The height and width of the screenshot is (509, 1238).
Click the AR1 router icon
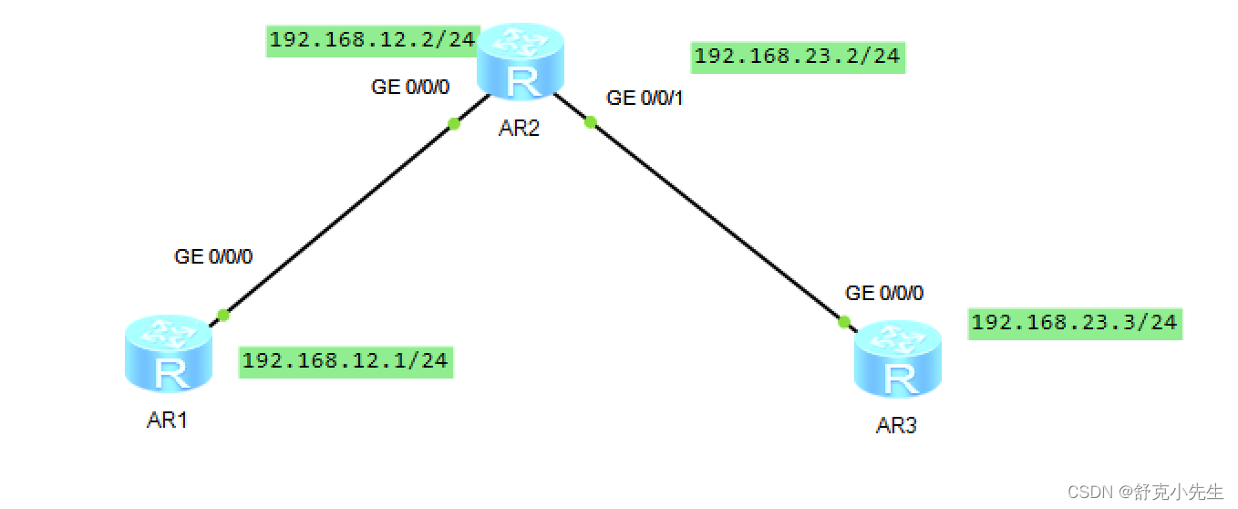pyautogui.click(x=168, y=357)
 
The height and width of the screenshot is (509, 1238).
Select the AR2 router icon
pyautogui.click(x=521, y=62)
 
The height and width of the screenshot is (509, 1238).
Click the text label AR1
pyautogui.click(x=168, y=421)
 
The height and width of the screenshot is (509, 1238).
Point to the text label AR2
pyautogui.click(x=520, y=128)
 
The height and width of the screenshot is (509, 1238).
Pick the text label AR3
pyautogui.click(x=896, y=426)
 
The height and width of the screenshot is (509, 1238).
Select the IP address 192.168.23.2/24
pyautogui.click(x=797, y=57)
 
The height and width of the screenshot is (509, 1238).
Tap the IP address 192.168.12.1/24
pyautogui.click(x=345, y=360)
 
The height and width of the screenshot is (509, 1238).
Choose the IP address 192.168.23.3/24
pyautogui.click(x=1074, y=322)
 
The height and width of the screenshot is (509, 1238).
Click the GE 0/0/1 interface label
pyautogui.click(x=645, y=99)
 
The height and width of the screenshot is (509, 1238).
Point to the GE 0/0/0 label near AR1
pyautogui.click(x=213, y=256)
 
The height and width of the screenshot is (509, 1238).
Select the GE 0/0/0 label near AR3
pyautogui.click(x=884, y=293)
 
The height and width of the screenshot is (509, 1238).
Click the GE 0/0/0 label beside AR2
pyautogui.click(x=410, y=87)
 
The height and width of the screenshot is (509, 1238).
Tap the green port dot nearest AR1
pyautogui.click(x=223, y=316)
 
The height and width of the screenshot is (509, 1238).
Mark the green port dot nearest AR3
pyautogui.click(x=844, y=321)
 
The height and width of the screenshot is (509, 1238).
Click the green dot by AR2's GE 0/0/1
pyautogui.click(x=590, y=122)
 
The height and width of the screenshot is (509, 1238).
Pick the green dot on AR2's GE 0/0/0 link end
pyautogui.click(x=453, y=124)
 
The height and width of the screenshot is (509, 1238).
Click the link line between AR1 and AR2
pyautogui.click(x=337, y=220)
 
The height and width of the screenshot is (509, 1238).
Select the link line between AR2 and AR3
pyautogui.click(x=716, y=221)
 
